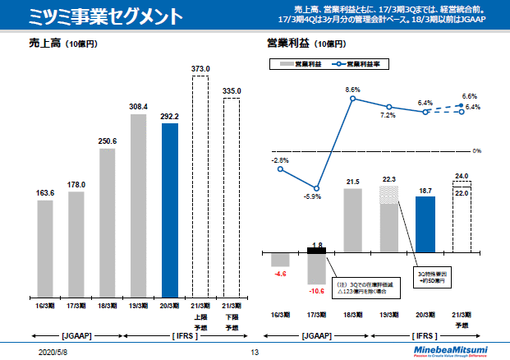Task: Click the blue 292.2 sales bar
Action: tap(170, 210)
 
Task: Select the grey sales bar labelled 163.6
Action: tap(45, 247)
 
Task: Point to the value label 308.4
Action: tap(139, 107)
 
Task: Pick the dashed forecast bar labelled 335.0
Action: tap(232, 197)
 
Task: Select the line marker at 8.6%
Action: tap(353, 99)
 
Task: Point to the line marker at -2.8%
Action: tap(280, 169)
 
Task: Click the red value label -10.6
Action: tap(315, 291)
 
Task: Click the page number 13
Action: tap(255, 351)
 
